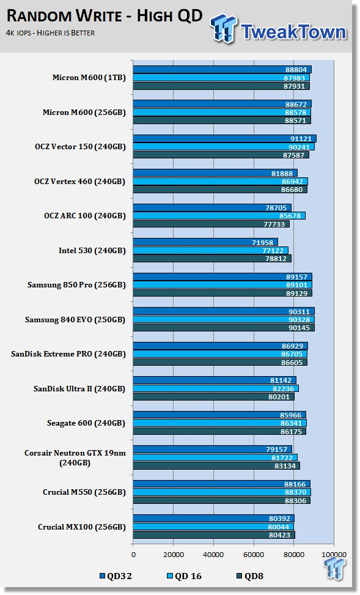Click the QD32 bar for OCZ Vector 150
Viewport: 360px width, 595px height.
[224, 138]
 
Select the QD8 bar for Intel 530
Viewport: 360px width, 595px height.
[212, 259]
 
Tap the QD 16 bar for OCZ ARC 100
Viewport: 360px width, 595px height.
[219, 216]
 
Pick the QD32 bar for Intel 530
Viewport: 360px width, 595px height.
[205, 242]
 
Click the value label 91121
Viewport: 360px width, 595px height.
[300, 139]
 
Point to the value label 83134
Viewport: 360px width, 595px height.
[285, 465]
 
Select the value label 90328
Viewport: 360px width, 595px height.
[299, 319]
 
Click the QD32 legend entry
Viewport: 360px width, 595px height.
[116, 576]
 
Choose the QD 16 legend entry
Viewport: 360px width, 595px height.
[185, 576]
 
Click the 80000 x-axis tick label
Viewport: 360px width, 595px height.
[293, 555]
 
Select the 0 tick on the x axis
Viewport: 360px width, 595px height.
[133, 555]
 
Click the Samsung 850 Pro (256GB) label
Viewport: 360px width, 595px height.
[76, 285]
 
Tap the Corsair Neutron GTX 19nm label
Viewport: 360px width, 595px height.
[75, 453]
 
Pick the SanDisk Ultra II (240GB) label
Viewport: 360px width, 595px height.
[79, 388]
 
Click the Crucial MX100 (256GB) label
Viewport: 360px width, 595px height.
[81, 527]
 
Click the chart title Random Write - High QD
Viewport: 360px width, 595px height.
[105, 17]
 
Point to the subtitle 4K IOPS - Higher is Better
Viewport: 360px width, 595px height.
[51, 33]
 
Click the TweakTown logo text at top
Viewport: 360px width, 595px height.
[293, 32]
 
